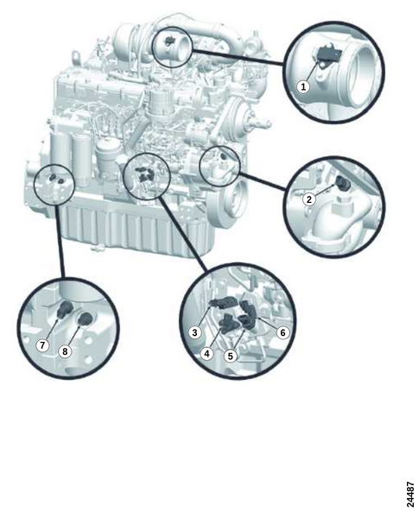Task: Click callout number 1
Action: [303, 87]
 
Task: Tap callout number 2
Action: [309, 199]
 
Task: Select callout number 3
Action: [194, 332]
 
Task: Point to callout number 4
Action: [206, 354]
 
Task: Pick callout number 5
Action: [231, 356]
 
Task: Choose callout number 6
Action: [283, 332]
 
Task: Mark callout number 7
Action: [42, 345]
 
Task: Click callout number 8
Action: [65, 351]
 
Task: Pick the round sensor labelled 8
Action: [86, 318]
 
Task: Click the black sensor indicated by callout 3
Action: [223, 302]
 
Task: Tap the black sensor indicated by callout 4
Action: [229, 323]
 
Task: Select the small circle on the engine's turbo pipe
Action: [172, 47]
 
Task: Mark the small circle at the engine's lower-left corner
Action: [55, 185]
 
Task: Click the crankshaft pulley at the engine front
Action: [232, 200]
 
